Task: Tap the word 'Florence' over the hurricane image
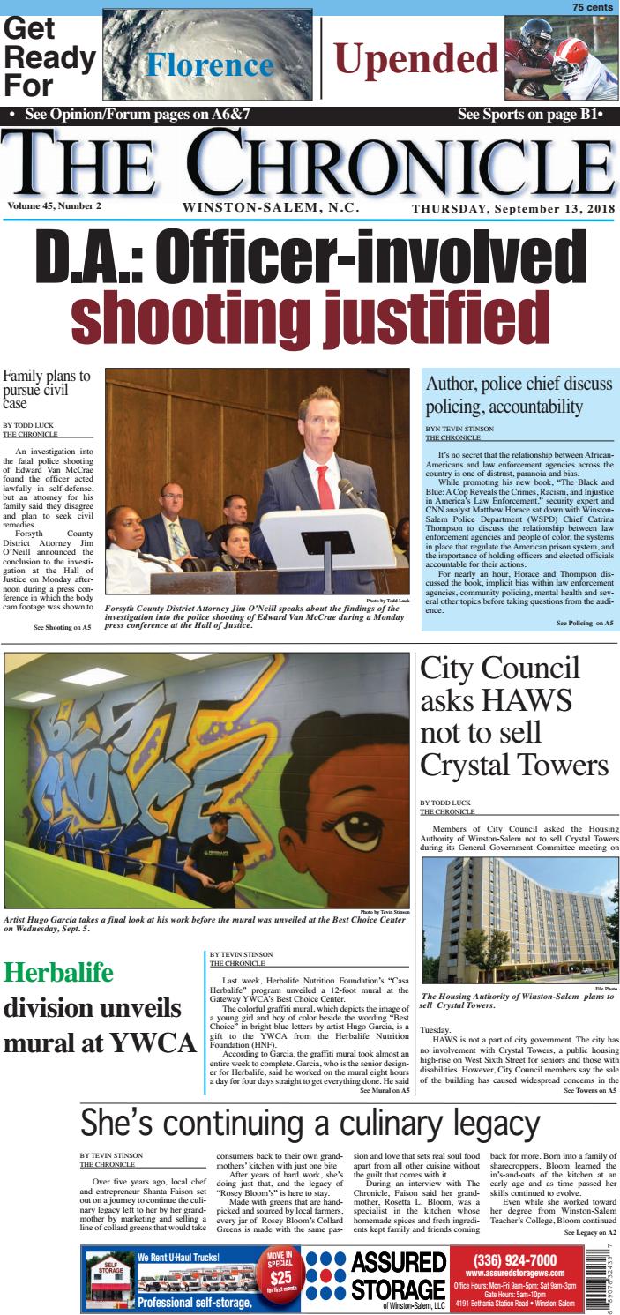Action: pos(210,65)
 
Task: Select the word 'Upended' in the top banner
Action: pos(417,60)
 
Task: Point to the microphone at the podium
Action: pos(350,490)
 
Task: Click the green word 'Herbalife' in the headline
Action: pos(59,973)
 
